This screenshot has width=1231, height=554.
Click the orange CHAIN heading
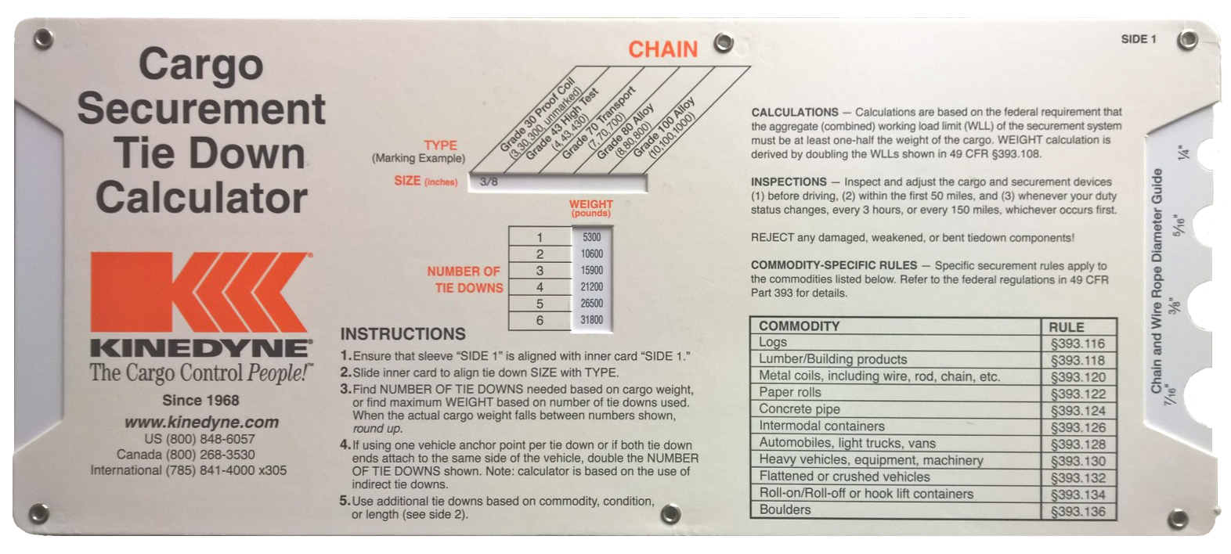(x=662, y=49)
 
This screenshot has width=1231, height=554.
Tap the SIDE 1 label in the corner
(x=1139, y=40)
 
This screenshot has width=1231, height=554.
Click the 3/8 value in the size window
(x=489, y=182)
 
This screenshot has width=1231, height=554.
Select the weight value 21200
(x=592, y=286)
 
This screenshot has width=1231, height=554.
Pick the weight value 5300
(x=592, y=237)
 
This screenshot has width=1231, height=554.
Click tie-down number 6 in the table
(x=540, y=320)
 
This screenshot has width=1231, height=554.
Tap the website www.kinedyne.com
(x=202, y=423)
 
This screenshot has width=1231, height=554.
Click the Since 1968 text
(x=200, y=401)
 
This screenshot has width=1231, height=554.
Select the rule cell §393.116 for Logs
(x=1078, y=344)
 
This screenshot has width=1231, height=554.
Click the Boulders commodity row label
(x=785, y=509)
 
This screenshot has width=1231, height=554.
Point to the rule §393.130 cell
(x=1078, y=461)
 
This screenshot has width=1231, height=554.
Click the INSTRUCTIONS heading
(x=403, y=334)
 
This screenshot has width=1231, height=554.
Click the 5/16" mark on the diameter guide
(x=1179, y=225)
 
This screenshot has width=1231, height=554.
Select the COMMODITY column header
(x=799, y=326)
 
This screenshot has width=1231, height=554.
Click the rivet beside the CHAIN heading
(x=724, y=42)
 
